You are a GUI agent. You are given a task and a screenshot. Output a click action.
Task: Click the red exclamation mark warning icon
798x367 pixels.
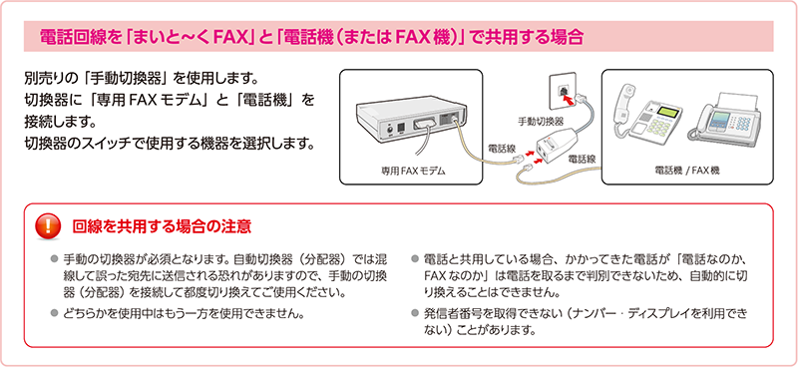point(48,226)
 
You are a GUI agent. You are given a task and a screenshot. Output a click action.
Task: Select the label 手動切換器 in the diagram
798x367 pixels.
point(541,121)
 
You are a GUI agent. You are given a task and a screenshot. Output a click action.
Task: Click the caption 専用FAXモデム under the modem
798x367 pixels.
point(410,172)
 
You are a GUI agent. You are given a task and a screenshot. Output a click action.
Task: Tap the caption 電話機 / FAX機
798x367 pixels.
point(687,172)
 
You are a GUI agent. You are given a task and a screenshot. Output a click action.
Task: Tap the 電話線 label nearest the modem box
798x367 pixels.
point(502,149)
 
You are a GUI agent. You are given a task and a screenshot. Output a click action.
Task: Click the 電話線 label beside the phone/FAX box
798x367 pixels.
point(582,159)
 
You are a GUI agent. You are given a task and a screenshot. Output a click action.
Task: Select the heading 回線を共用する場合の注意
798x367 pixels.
point(162,226)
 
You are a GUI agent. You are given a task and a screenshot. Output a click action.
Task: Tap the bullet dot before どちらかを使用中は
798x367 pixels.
point(54,311)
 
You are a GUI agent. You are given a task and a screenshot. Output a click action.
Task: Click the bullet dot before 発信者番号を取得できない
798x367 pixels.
point(414,311)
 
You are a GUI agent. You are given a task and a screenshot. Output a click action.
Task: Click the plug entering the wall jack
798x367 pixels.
point(579,98)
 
